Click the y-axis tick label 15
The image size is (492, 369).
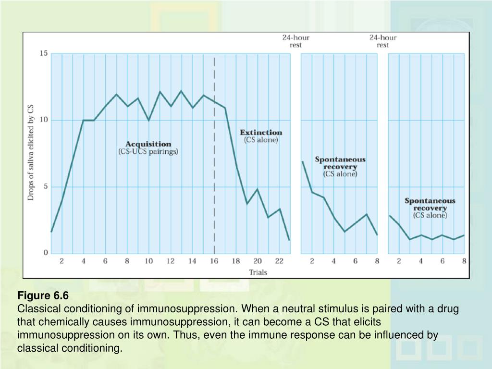[x=43, y=53]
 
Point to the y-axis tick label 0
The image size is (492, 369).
[x=46, y=253]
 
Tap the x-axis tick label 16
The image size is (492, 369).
[x=214, y=261]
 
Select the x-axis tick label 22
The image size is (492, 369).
[x=279, y=261]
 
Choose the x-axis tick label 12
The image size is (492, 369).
[x=171, y=261]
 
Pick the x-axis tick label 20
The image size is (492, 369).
[x=258, y=261]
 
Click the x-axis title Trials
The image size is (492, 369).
[x=258, y=272]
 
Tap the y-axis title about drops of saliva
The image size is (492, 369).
[x=31, y=153]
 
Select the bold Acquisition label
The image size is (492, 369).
[x=148, y=144]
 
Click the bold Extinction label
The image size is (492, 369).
[x=261, y=132]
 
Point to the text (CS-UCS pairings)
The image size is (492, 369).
[x=148, y=151]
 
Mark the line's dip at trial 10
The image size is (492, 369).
[x=149, y=120]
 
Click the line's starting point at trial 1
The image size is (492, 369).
[x=51, y=232]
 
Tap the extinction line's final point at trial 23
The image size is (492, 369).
[x=289, y=240]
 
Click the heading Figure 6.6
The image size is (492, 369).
[x=43, y=295]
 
